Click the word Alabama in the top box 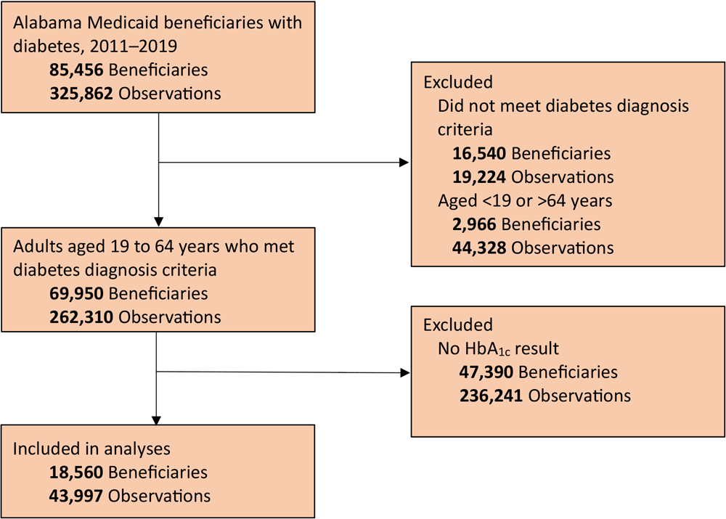[46, 22]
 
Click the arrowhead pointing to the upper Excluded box [404, 163]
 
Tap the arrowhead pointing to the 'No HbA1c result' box [404, 373]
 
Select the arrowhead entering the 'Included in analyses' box [158, 420]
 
